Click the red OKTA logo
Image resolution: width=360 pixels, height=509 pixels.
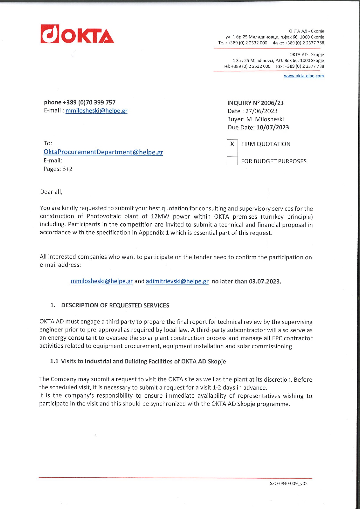pos(77,34)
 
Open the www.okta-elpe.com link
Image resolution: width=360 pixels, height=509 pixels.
pos(303,76)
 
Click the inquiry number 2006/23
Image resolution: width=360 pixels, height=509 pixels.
pos(272,103)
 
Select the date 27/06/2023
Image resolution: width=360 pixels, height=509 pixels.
pos(261,111)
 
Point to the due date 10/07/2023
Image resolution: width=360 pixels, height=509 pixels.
pos(272,127)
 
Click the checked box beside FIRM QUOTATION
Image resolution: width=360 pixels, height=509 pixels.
pos(232,144)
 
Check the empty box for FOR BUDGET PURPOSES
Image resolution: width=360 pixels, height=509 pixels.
pos(232,161)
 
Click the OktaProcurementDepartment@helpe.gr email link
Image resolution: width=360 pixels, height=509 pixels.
pos(103,152)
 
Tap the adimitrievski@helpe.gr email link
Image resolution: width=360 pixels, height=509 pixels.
pos(177,281)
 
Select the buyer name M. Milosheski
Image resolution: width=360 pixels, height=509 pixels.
pos(265,119)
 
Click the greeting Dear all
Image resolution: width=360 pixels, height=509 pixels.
pos(51,192)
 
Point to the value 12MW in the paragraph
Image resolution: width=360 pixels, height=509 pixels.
pos(160,216)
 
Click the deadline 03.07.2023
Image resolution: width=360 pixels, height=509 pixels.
pos(265,281)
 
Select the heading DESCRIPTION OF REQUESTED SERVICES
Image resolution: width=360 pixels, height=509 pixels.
pos(115,305)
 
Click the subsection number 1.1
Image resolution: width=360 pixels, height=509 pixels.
pos(54,361)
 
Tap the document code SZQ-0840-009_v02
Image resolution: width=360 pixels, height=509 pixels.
pos(288,483)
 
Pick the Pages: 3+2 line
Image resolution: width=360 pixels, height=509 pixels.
pos(58,169)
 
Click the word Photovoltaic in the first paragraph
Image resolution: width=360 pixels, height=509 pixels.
pos(104,216)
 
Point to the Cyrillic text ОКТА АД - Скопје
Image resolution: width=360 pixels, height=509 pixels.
pos(306,31)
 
